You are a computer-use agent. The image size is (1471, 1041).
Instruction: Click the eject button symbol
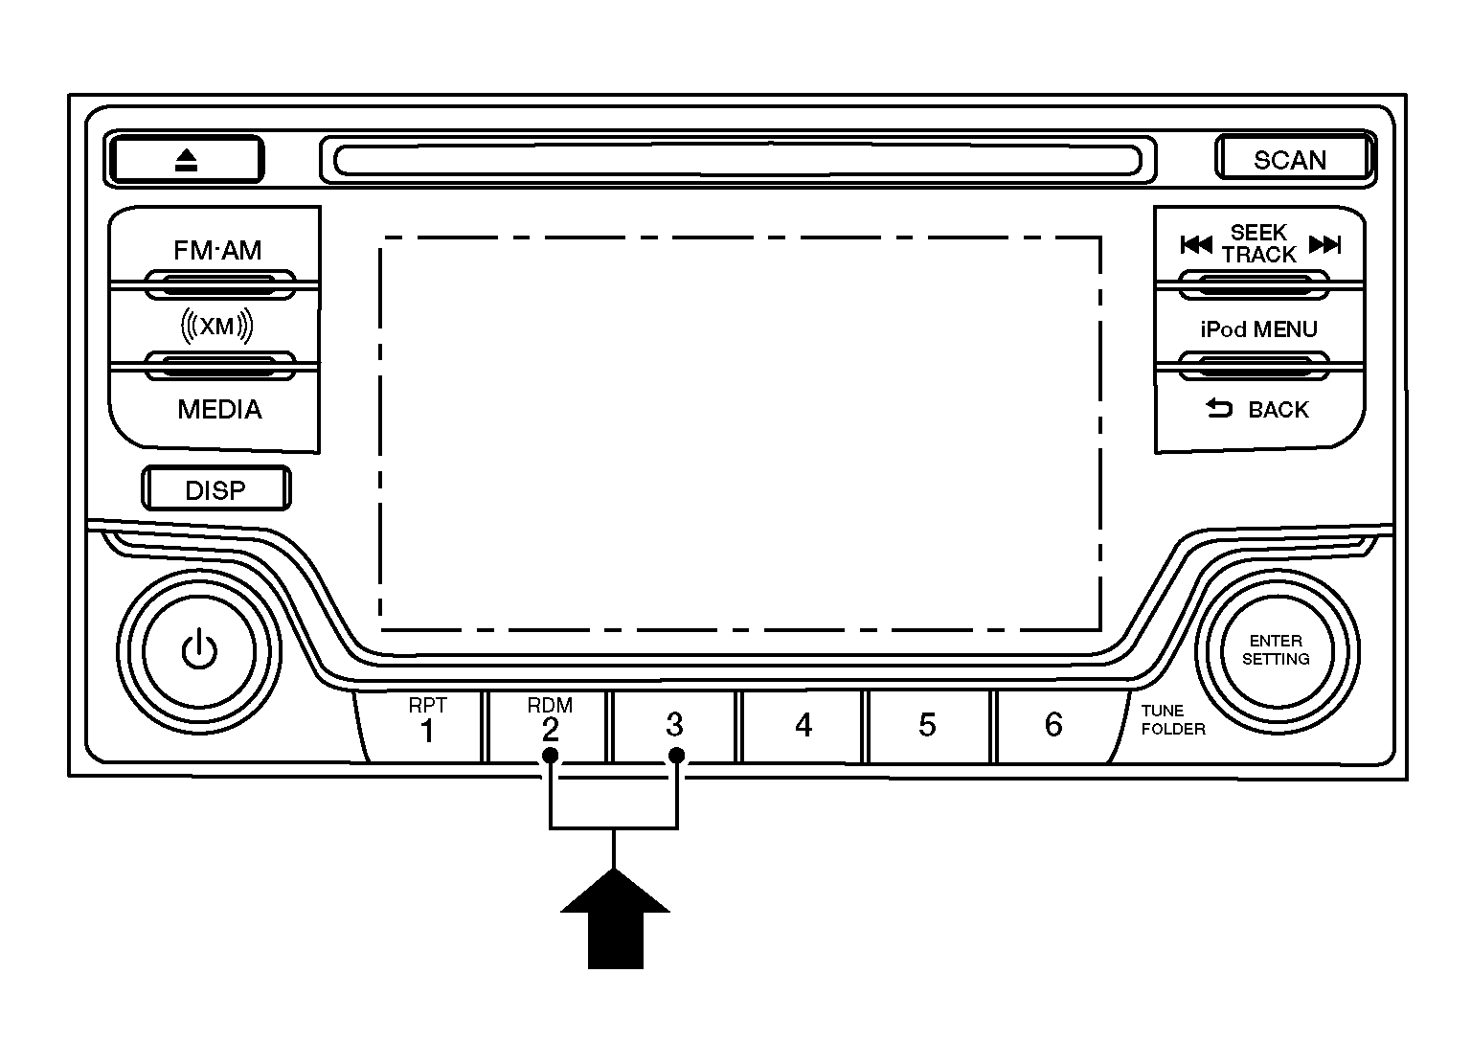pos(187,160)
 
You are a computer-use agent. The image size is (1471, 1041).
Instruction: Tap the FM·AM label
pos(217,250)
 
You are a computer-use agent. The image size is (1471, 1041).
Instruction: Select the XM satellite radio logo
pos(216,325)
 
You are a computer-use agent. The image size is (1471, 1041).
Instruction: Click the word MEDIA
pos(219,409)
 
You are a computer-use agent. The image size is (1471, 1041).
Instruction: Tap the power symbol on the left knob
pos(199,650)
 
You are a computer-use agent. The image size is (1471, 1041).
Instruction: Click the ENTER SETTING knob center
pos(1276,650)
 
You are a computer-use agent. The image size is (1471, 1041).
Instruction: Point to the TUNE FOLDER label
pos(1173,720)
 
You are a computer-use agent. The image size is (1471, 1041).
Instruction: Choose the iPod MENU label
pos(1259,329)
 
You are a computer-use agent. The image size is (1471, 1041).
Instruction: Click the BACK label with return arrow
pos(1257,409)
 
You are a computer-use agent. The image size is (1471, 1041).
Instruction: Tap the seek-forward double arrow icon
pos(1324,245)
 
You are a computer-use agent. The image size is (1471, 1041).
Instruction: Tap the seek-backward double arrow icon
pos(1196,245)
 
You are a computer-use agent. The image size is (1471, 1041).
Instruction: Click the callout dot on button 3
pos(676,756)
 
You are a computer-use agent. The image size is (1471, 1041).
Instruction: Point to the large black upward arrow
pos(615,918)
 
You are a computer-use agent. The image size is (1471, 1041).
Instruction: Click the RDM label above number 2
pos(550,706)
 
